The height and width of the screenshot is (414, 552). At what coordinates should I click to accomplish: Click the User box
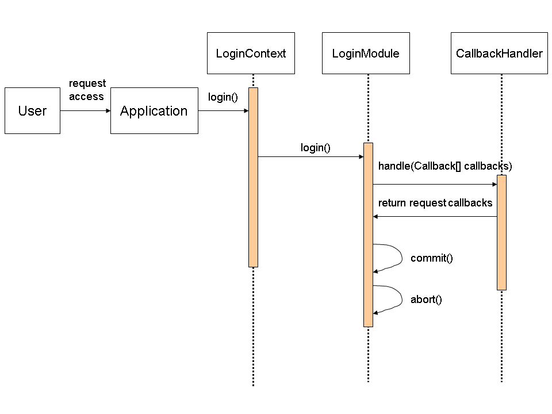32,110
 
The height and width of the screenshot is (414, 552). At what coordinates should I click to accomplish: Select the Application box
154,110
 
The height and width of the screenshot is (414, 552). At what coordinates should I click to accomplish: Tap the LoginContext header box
251,53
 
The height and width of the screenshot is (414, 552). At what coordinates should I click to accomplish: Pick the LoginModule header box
366,53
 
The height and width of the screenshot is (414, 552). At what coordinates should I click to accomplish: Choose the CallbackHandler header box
499,53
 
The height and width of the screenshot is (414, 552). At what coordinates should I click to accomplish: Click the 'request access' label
87,90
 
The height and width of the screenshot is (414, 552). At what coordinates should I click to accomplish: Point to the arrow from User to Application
85,110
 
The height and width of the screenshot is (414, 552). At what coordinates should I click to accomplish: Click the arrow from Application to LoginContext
223,110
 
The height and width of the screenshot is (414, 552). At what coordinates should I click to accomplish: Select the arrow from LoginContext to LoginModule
310,156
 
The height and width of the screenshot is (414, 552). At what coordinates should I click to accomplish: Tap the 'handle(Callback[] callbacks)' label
444,166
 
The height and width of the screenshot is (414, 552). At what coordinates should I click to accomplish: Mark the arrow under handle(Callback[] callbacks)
435,185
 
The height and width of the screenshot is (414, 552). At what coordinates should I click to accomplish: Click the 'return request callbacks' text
435,203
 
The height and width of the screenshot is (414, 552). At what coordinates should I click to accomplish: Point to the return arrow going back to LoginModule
435,217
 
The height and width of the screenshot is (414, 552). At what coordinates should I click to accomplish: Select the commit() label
431,258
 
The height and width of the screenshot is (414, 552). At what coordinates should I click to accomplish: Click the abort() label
425,300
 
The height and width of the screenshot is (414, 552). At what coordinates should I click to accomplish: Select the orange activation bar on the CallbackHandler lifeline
501,232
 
